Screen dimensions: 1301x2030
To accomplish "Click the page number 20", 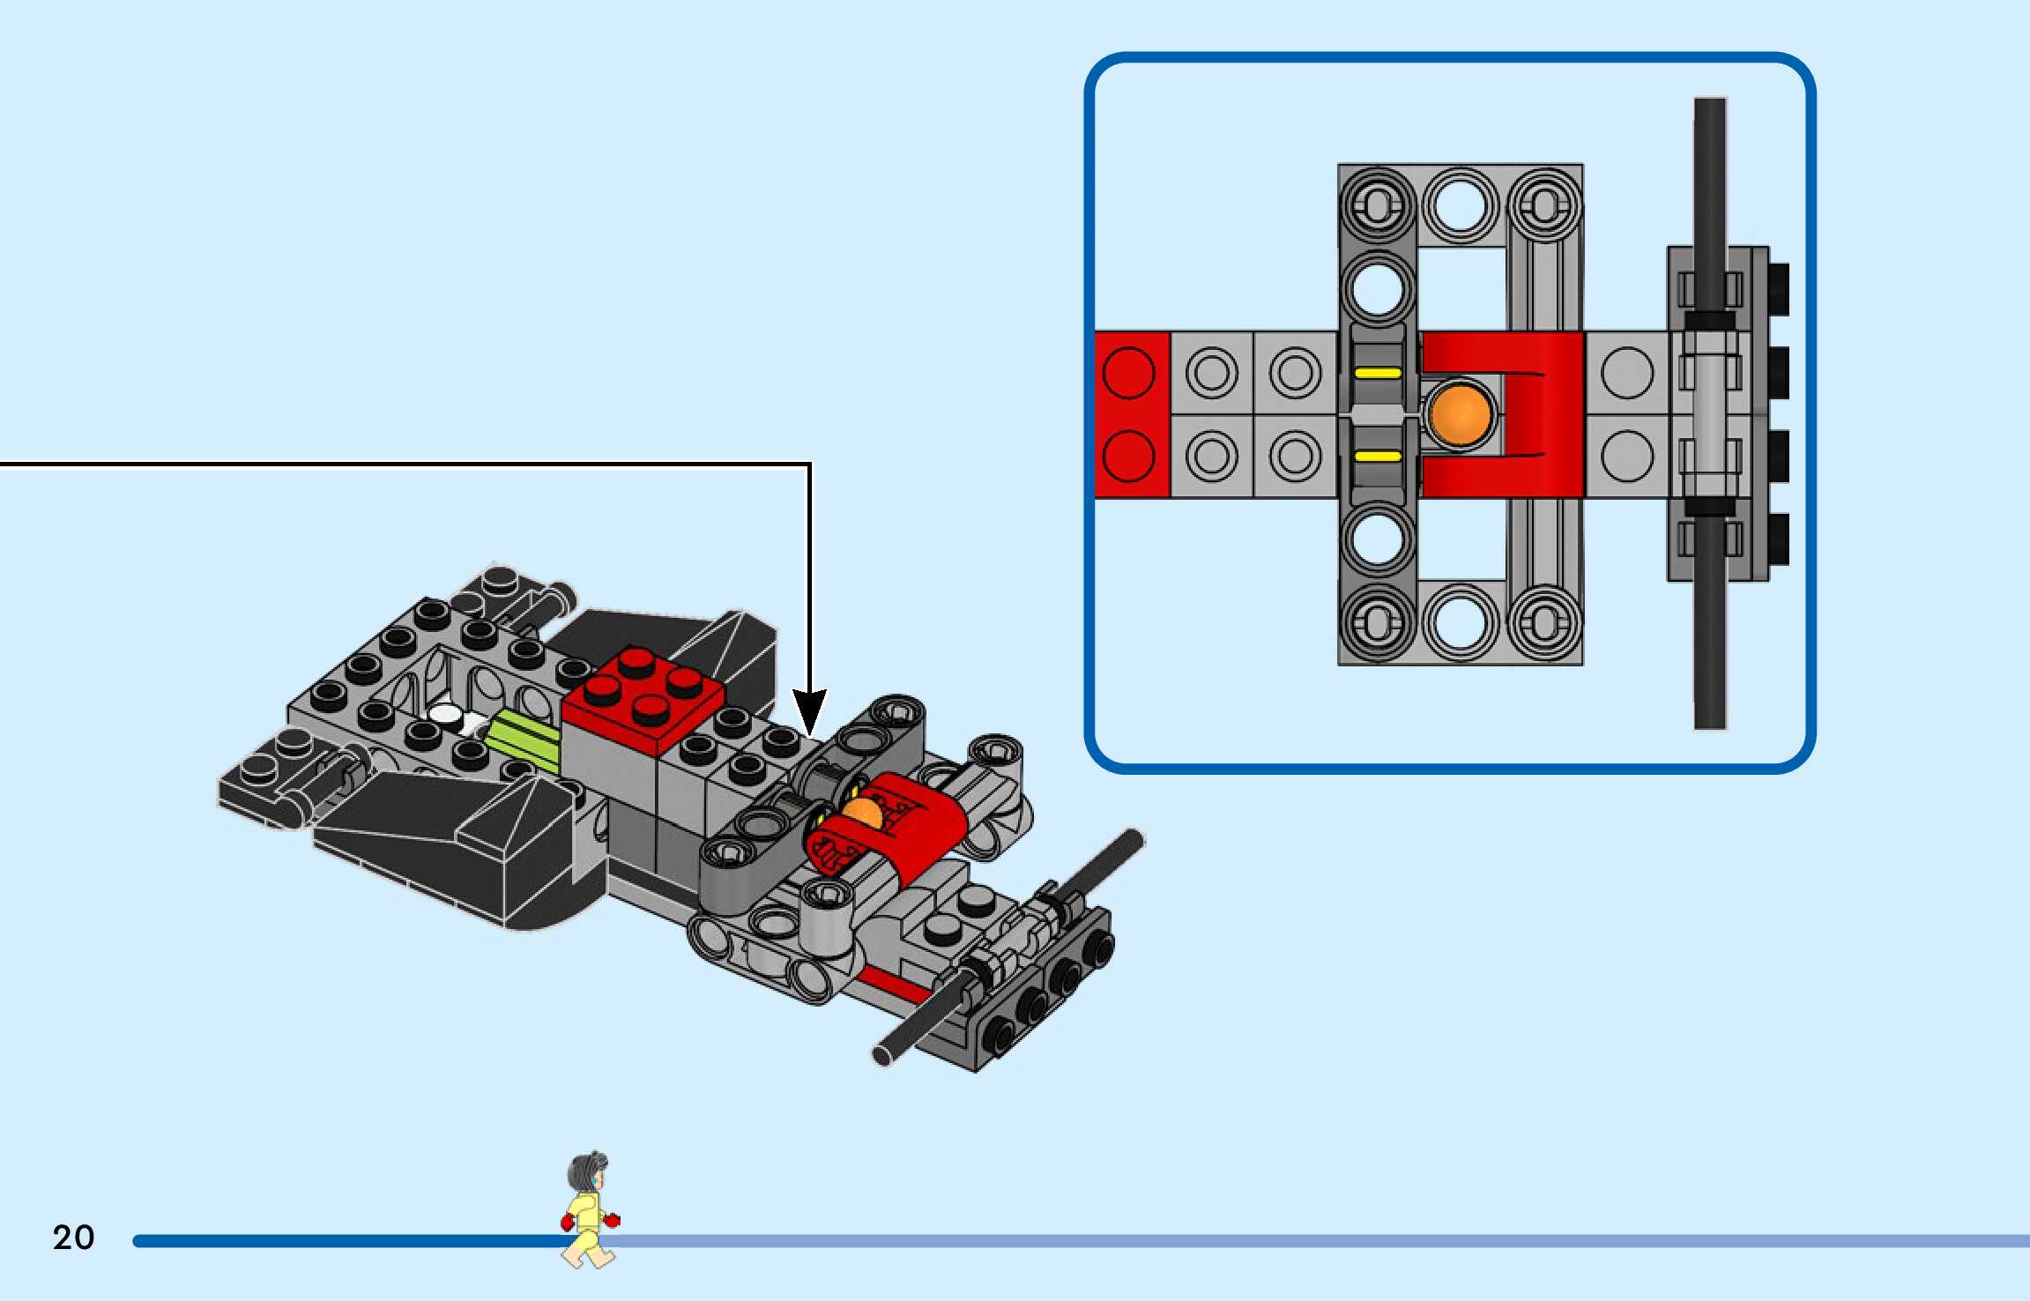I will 73,1238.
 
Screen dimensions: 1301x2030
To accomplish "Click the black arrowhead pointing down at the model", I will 809,710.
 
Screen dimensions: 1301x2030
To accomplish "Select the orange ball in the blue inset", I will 1460,414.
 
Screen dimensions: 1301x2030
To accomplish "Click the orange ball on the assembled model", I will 861,813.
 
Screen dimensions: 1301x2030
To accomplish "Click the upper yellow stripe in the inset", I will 1378,373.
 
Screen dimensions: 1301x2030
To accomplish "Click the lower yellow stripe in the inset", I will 1378,456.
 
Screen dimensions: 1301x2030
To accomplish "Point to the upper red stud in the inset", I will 1128,372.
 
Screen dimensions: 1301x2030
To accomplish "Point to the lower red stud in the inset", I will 1128,456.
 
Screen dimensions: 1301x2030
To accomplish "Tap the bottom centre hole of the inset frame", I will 1460,622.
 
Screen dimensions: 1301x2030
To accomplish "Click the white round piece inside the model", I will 447,716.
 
